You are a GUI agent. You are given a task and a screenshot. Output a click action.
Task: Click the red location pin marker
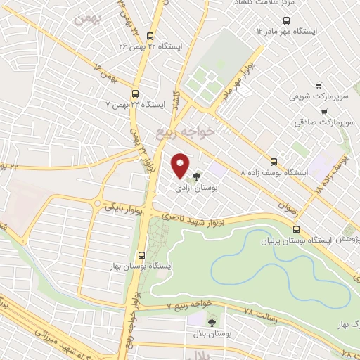181,165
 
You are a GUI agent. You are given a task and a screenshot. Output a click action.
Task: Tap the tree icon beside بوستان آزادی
197,176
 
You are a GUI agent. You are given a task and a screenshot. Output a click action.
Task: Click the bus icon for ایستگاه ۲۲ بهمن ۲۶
148,37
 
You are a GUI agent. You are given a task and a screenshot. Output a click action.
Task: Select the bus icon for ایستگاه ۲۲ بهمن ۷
136,93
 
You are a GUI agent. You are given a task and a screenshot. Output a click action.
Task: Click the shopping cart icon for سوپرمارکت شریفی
320,82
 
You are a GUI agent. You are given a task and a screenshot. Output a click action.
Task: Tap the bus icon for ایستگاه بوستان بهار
142,256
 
